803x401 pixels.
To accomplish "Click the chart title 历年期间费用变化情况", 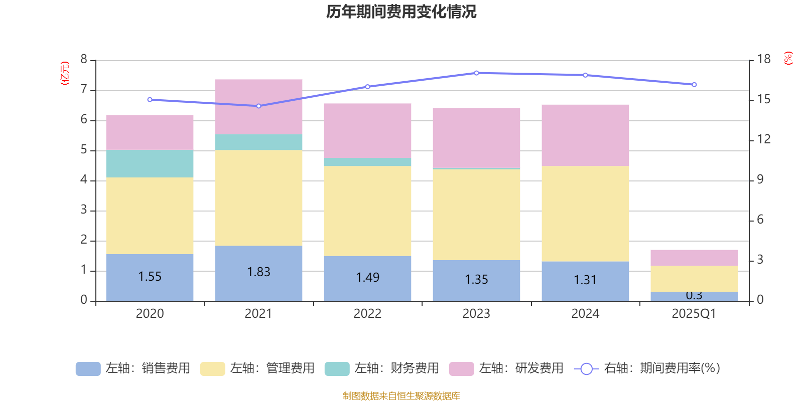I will point(401,12).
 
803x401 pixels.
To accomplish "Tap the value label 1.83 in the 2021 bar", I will point(258,272).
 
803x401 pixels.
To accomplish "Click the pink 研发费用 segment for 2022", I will point(367,130).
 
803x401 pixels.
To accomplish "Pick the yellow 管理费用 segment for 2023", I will point(476,215).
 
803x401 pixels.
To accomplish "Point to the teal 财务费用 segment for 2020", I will point(150,164).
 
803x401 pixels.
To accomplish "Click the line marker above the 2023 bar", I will point(476,73).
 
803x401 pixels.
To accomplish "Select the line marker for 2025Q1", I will point(694,85).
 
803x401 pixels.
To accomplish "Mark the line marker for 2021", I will point(258,106).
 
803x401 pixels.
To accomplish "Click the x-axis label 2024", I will point(585,314).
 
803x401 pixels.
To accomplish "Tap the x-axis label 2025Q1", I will point(694,314).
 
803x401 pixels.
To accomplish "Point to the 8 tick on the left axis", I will point(84,60).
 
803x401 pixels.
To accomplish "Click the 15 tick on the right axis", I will point(763,99).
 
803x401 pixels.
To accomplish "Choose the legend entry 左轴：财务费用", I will point(382,368).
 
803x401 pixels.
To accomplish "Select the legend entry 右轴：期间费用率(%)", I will point(647,368).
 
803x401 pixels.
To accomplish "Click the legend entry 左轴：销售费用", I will point(133,368).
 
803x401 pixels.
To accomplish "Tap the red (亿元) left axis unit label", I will point(65,73).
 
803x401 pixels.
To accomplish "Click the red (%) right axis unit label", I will point(788,58).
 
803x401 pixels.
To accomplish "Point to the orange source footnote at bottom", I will point(401,396).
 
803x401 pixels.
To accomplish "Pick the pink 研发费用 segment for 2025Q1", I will point(694,258).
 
